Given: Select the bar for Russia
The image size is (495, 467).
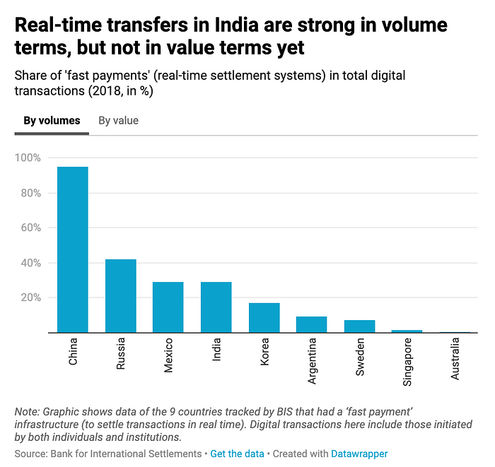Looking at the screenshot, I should pos(120,296).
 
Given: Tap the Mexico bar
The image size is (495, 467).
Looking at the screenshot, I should pos(168,307).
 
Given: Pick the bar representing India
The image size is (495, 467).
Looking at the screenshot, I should pos(216,307).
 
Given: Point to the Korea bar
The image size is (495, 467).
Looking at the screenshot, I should pos(264,317).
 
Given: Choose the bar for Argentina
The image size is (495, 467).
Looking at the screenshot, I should pos(311,324).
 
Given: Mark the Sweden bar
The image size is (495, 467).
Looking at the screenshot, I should pos(359,326).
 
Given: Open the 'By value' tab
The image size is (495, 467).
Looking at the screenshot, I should pos(118,121).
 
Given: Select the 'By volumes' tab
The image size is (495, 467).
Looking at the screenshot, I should pos(52,121).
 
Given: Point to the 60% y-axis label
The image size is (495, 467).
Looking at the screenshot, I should pos(30,227).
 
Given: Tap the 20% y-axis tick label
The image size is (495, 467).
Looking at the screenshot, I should pos(30,297).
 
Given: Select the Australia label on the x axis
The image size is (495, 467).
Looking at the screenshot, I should pos(455,359).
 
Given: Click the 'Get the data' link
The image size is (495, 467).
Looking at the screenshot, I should pos(237,454).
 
